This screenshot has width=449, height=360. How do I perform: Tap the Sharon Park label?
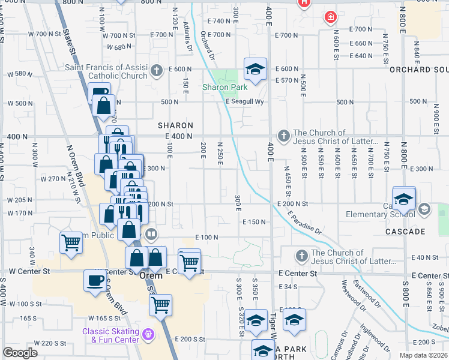[x=224, y=88]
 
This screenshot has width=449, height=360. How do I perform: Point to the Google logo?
[x=20, y=353]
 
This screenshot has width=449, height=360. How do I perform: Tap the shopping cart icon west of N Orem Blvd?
[x=71, y=243]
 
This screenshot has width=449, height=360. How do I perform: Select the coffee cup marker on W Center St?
[x=95, y=280]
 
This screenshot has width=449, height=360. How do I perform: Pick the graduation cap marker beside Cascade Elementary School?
[x=404, y=199]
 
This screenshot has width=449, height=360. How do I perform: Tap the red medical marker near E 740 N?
[x=330, y=17]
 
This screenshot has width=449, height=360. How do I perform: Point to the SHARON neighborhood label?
[x=175, y=125]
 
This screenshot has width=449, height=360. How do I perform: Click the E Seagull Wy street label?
[x=245, y=102]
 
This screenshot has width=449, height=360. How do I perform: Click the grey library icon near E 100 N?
[x=152, y=234]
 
